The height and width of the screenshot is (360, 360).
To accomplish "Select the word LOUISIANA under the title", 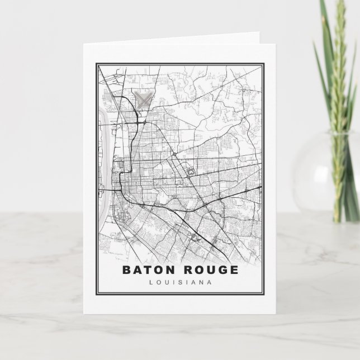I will click(180, 282).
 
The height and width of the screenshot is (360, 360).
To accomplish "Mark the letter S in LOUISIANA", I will click(180, 282).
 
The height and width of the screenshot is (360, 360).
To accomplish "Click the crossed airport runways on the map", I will click(144, 100).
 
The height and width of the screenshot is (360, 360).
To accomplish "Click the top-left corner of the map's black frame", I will click(97, 64).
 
